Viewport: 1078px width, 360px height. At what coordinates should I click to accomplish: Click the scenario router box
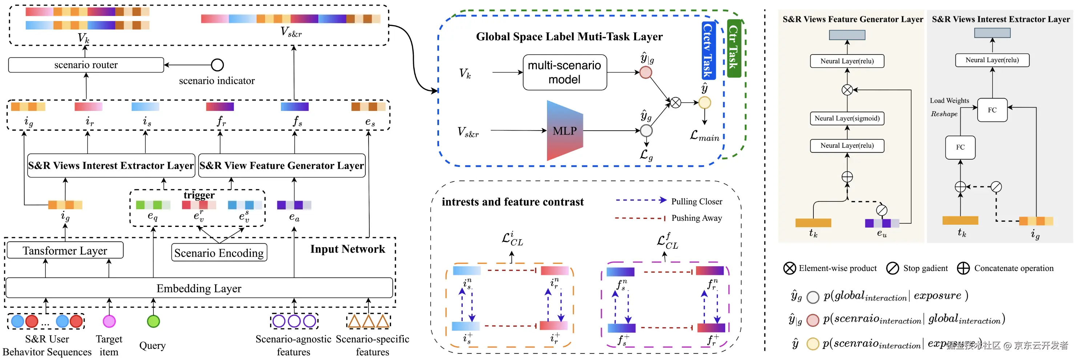[86, 65]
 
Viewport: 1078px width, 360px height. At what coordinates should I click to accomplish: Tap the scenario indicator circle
[217, 65]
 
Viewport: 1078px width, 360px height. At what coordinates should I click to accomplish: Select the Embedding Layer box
[199, 288]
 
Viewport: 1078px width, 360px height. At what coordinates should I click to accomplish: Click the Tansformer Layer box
[65, 250]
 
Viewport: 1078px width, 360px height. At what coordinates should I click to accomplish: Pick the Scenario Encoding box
[219, 253]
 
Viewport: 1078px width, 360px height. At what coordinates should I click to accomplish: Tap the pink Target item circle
[109, 321]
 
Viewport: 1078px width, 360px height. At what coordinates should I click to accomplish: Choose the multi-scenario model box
[564, 72]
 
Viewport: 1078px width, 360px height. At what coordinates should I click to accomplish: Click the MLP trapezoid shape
[564, 131]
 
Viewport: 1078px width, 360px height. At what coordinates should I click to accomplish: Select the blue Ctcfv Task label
[708, 51]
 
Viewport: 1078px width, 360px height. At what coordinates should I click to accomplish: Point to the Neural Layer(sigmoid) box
[847, 119]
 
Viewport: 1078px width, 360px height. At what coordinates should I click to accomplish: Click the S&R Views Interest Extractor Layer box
[111, 166]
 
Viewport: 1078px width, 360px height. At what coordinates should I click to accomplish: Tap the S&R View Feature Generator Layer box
[282, 166]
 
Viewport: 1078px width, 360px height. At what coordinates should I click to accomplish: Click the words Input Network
[347, 249]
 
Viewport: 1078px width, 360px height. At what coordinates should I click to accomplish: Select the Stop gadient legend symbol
[892, 268]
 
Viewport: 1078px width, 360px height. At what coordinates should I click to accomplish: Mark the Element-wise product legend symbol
[790, 268]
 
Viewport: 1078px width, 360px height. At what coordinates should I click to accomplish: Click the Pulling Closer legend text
[696, 201]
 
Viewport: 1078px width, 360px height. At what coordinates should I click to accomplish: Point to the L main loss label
[704, 136]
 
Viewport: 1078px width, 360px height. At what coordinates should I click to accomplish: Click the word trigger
[199, 195]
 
